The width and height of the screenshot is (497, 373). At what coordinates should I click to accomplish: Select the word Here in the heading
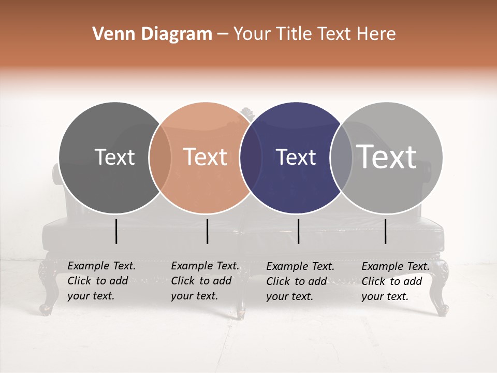pos(377,34)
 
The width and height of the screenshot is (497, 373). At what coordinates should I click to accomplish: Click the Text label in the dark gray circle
pos(114,157)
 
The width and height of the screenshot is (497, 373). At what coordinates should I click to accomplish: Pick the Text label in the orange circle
pos(206,157)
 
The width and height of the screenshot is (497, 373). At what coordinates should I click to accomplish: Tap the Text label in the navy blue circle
pos(296,157)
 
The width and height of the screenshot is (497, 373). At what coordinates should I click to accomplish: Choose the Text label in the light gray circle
pos(387,156)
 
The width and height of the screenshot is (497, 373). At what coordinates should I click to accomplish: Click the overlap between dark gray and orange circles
pos(160,157)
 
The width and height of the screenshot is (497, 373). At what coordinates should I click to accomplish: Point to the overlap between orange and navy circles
pos(251,157)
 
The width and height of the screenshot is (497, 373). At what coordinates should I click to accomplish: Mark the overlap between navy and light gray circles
pos(341,157)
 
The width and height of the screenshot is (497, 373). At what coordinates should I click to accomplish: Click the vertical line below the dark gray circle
pos(116,231)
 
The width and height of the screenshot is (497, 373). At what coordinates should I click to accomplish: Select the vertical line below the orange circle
pos(207,231)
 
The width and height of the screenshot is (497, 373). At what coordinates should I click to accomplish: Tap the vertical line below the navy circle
pos(299,231)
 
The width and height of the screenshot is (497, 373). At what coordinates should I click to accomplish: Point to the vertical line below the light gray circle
pos(386,231)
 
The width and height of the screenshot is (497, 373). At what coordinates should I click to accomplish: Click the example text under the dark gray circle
pos(101,281)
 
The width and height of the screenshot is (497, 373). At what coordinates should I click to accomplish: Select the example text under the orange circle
pos(205,281)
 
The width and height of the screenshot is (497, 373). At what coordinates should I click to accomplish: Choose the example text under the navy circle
pos(300,281)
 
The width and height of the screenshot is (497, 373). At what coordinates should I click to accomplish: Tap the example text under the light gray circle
pos(396,281)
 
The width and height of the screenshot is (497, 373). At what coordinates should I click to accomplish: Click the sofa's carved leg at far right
pos(441,290)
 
